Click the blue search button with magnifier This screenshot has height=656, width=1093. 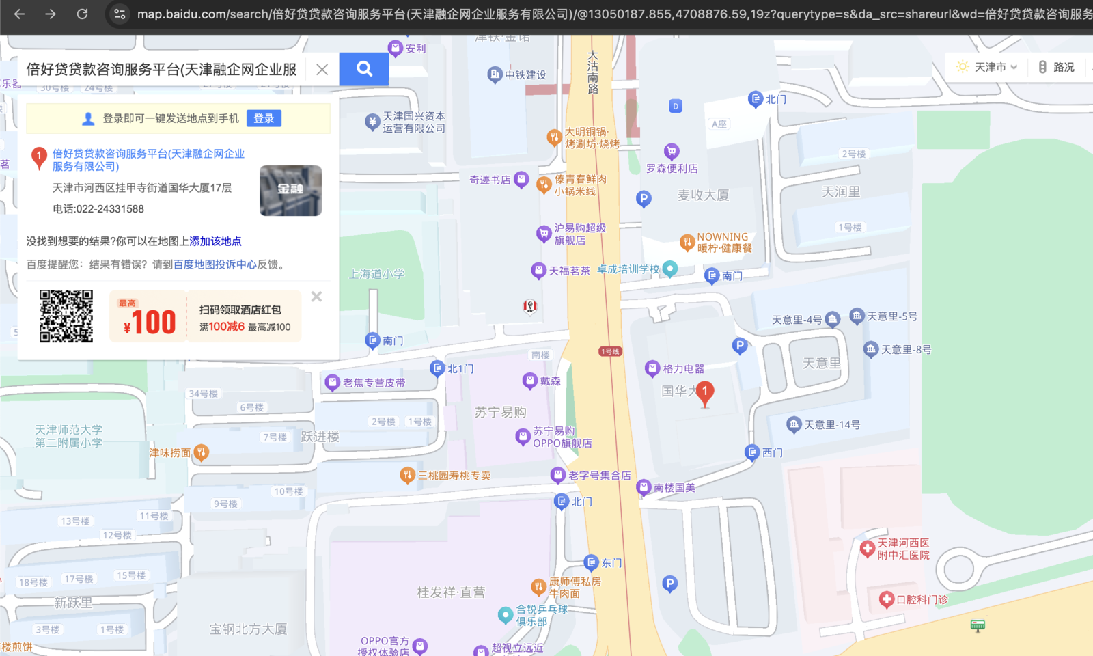pyautogui.click(x=364, y=68)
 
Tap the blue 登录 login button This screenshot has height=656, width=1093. pyautogui.click(x=264, y=118)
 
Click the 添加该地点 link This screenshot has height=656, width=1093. pyautogui.click(x=215, y=241)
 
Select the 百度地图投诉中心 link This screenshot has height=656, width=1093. pyautogui.click(x=215, y=264)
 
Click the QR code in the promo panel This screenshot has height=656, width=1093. pyautogui.click(x=66, y=316)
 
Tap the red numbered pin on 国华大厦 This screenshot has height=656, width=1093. pyautogui.click(x=704, y=392)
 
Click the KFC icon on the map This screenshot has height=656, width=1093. pyautogui.click(x=530, y=306)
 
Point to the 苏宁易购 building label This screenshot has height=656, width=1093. pyautogui.click(x=500, y=412)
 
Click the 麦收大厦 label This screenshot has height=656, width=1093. pyautogui.click(x=703, y=195)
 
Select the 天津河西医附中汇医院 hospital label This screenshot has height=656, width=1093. pyautogui.click(x=903, y=549)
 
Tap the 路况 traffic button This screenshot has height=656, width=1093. pyautogui.click(x=1057, y=67)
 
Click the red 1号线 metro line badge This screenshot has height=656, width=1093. pyautogui.click(x=610, y=351)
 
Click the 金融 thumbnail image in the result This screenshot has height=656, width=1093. pyautogui.click(x=290, y=191)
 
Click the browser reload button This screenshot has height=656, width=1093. pyautogui.click(x=82, y=14)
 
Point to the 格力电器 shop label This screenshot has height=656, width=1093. pyautogui.click(x=683, y=369)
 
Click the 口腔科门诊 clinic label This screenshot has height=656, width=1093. pyautogui.click(x=922, y=600)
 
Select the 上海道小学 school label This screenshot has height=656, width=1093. pyautogui.click(x=376, y=274)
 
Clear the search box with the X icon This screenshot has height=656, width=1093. pyautogui.click(x=322, y=69)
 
